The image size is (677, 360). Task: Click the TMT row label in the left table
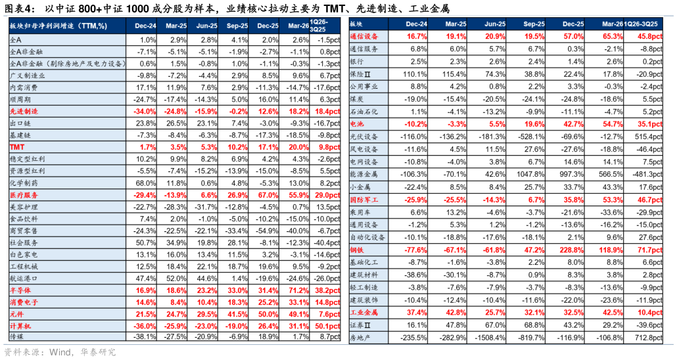(x=17, y=147)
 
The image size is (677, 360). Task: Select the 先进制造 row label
(x=24, y=112)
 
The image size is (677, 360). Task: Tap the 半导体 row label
(x=20, y=290)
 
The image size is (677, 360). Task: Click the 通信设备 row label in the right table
(x=364, y=37)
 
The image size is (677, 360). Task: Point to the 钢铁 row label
(x=357, y=250)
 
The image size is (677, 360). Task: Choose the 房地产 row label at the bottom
(x=361, y=338)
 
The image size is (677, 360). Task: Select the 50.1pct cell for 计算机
(x=327, y=326)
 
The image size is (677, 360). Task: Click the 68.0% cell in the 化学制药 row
(x=146, y=183)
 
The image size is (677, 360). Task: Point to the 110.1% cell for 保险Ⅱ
(x=415, y=74)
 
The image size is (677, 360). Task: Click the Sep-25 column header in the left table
(x=237, y=26)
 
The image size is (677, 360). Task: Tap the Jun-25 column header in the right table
(x=495, y=24)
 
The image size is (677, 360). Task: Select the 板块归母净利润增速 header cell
(x=58, y=26)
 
